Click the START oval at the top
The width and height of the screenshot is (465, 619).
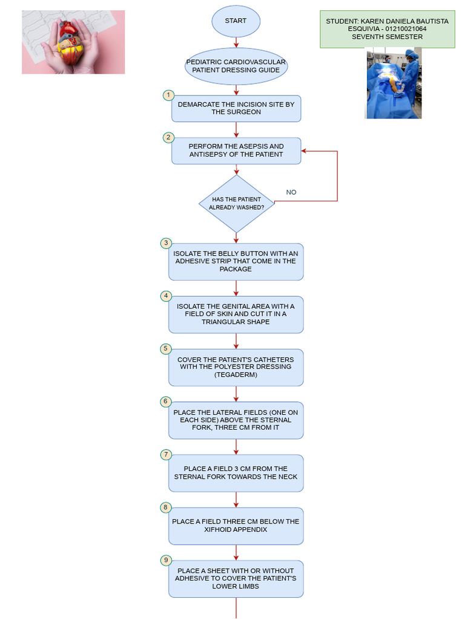pyautogui.click(x=236, y=21)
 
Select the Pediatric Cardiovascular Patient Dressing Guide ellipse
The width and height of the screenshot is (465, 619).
pyautogui.click(x=236, y=66)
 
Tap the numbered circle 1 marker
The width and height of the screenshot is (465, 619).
pyautogui.click(x=168, y=96)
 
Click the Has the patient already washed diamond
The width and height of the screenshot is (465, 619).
pyautogui.click(x=236, y=204)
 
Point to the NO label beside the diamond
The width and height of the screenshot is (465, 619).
pyautogui.click(x=291, y=192)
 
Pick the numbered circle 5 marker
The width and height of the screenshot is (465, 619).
pyautogui.click(x=165, y=349)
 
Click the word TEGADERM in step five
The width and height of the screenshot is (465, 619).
pyautogui.click(x=236, y=375)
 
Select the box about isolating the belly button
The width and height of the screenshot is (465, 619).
pyautogui.click(x=236, y=262)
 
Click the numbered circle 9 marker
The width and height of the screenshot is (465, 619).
pyautogui.click(x=165, y=560)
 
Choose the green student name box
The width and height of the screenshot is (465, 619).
pyautogui.click(x=387, y=29)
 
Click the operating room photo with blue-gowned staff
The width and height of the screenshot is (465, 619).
pyautogui.click(x=394, y=83)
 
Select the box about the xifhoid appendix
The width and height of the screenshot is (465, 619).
pyautogui.click(x=236, y=526)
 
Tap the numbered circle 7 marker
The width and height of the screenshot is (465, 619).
pyautogui.click(x=165, y=455)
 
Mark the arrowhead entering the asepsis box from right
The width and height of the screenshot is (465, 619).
pyautogui.click(x=305, y=151)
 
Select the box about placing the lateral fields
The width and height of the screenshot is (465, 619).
pyautogui.click(x=236, y=420)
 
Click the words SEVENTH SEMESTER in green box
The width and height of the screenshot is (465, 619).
pyautogui.click(x=387, y=37)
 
